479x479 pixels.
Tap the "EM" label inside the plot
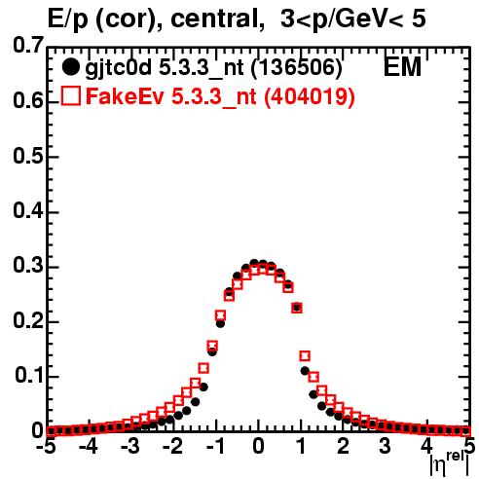[402, 67]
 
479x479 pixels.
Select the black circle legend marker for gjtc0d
[70, 67]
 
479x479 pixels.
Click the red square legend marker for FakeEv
[70, 96]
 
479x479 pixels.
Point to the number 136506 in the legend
[297, 67]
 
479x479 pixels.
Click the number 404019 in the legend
[309, 96]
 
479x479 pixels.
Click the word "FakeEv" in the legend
[125, 96]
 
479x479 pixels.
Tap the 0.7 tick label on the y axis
[28, 46]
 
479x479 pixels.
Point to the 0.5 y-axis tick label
[28, 156]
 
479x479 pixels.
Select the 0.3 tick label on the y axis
[28, 266]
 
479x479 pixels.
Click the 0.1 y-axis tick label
[29, 376]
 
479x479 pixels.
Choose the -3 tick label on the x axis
[130, 446]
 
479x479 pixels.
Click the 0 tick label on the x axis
[258, 446]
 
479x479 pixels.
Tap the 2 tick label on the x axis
[343, 446]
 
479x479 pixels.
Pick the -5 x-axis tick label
[46, 446]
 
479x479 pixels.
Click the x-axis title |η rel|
[450, 463]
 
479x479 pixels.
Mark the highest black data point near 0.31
[254, 263]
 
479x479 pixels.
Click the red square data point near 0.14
[305, 356]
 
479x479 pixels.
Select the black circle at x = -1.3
[203, 387]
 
